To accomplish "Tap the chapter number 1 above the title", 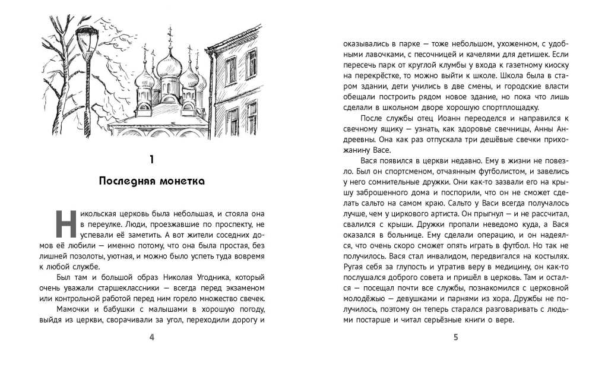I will pos(153,159).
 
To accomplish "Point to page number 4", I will pos(153,338).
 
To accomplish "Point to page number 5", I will pos(455,338).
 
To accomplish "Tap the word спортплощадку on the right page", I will pos(510,108).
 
